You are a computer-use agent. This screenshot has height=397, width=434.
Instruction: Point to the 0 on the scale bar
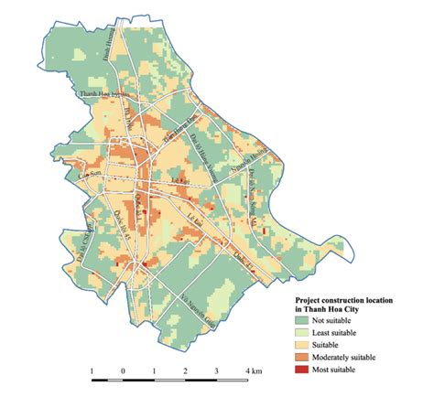point(123,370)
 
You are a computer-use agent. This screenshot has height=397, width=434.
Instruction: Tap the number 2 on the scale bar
point(185,370)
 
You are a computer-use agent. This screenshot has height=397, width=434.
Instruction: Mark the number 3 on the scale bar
point(217,370)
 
